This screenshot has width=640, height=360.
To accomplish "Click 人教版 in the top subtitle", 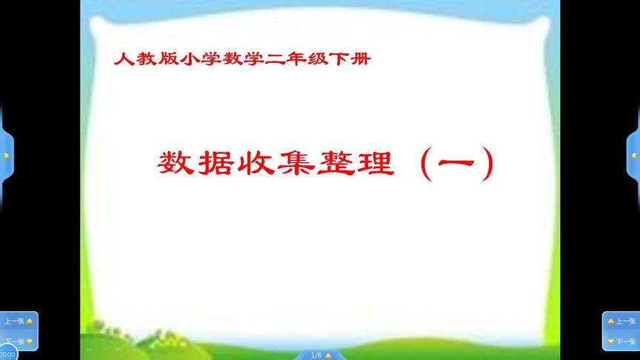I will coord(141,59).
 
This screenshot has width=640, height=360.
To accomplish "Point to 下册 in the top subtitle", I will coord(353,59).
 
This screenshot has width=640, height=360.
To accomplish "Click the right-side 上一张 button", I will coord(621,321).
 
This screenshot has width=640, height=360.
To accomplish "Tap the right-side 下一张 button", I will coord(621,341).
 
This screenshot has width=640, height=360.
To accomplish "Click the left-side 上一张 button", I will coord(19,321).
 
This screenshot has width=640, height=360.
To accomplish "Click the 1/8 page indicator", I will coord(316,356).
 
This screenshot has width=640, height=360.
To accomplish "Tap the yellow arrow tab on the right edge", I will coord(633,156).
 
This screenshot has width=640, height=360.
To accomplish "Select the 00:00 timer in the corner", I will coord(7,354).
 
